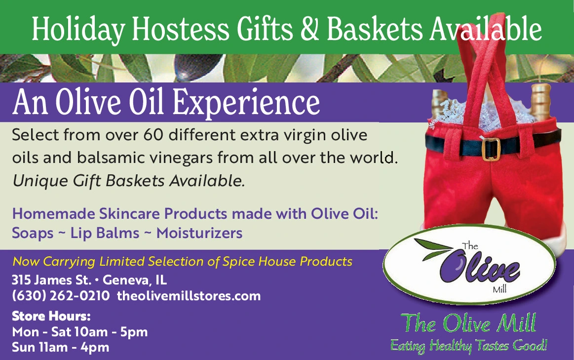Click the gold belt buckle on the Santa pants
coord(491,149)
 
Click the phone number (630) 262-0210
coord(61,296)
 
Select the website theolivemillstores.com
coord(189,296)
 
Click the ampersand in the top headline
coord(309,29)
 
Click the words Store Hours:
coord(51,316)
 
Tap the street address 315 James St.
coord(52,280)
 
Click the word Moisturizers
coord(199,233)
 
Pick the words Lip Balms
coord(105,233)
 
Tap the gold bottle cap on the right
coord(540,101)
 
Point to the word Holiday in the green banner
coord(78,29)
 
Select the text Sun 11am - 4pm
coord(60,347)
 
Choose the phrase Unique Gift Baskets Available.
coord(128,181)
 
